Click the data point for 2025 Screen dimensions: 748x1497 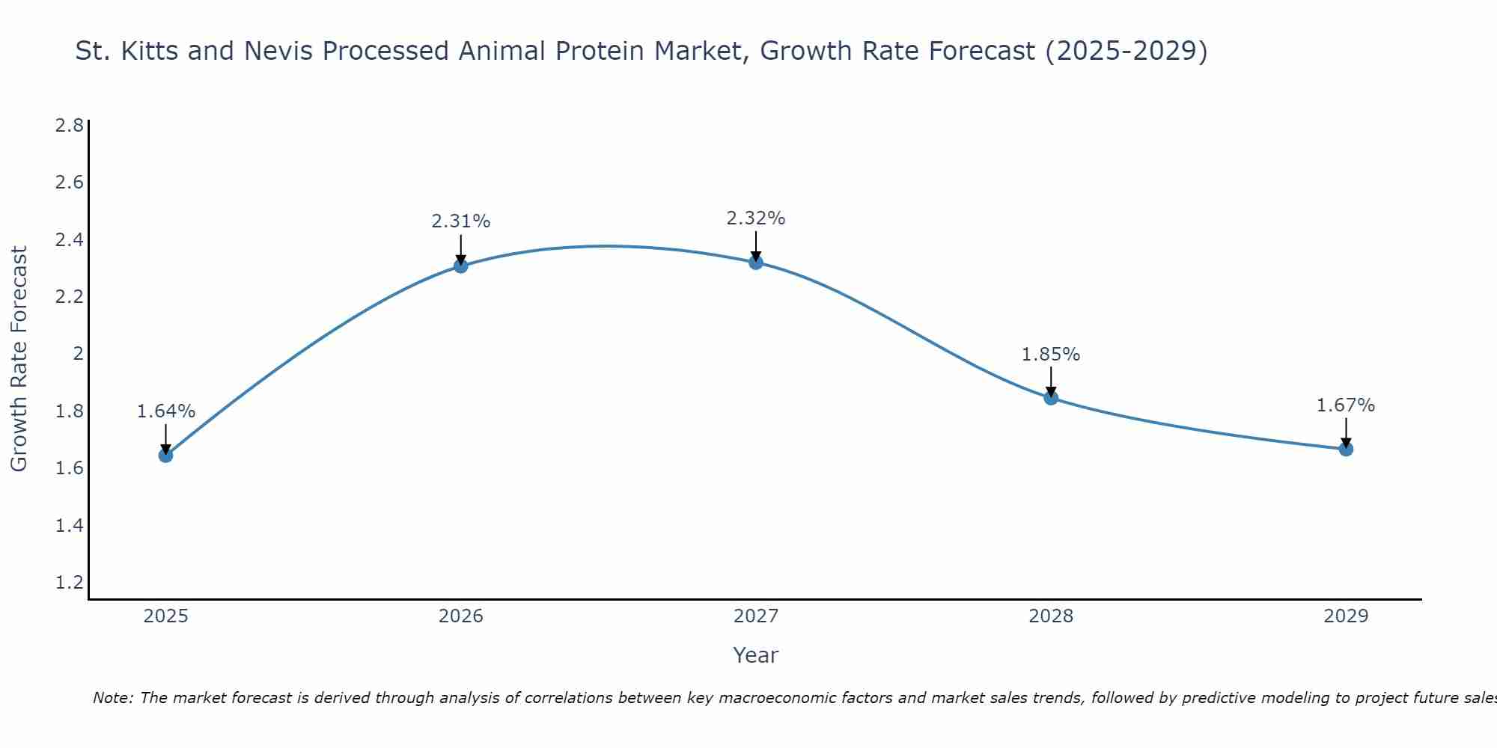pyautogui.click(x=166, y=455)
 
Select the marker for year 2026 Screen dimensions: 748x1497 pyautogui.click(x=461, y=266)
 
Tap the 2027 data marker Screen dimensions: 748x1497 pyautogui.click(x=756, y=262)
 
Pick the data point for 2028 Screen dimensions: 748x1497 pyautogui.click(x=1051, y=398)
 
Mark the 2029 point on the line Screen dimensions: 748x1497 pyautogui.click(x=1346, y=449)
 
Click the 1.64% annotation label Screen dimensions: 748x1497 pyautogui.click(x=166, y=411)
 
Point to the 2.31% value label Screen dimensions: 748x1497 pyautogui.click(x=461, y=221)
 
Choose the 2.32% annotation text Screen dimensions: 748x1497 pyautogui.click(x=756, y=218)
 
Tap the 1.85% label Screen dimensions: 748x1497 pyautogui.click(x=1051, y=355)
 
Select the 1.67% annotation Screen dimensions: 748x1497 pyautogui.click(x=1346, y=405)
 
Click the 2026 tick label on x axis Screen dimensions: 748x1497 pyautogui.click(x=461, y=616)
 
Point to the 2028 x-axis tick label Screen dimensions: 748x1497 pyautogui.click(x=1051, y=616)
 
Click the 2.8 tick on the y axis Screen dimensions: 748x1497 pyautogui.click(x=69, y=125)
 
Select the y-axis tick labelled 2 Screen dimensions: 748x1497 pyautogui.click(x=78, y=354)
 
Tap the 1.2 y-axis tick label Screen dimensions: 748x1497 pyautogui.click(x=69, y=583)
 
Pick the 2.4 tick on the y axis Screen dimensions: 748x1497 pyautogui.click(x=69, y=239)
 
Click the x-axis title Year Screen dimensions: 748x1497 pyautogui.click(x=756, y=655)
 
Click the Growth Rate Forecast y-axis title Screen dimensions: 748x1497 pyautogui.click(x=19, y=359)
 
